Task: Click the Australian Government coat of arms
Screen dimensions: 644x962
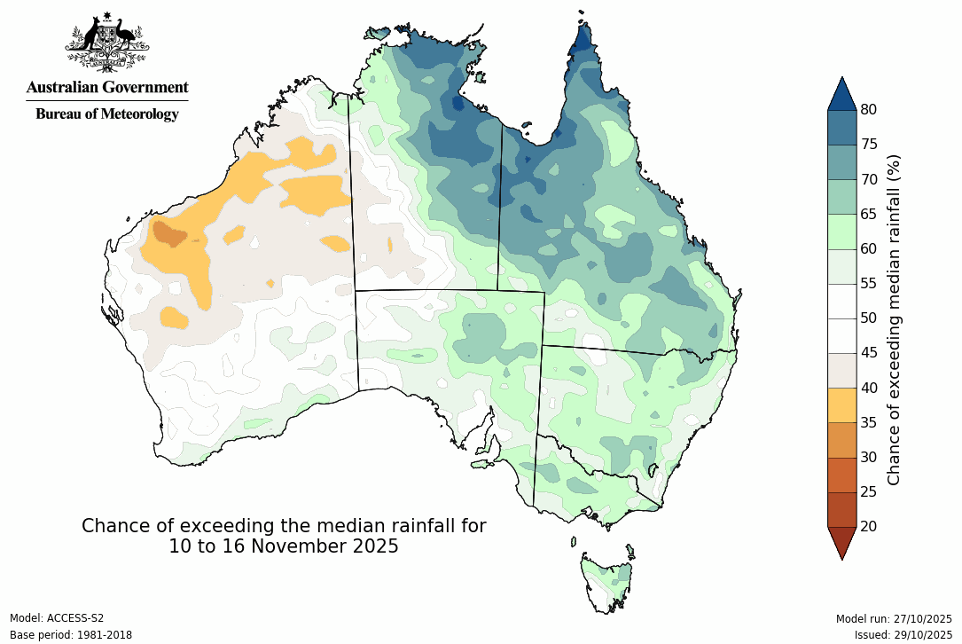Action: tap(106, 43)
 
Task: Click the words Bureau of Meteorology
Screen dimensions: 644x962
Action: tap(106, 114)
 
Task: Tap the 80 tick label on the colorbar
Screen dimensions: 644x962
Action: tap(869, 110)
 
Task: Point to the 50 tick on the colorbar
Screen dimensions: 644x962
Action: tap(869, 318)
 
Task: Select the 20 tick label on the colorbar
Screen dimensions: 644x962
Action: tap(869, 527)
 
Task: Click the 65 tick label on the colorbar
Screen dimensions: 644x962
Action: tap(869, 214)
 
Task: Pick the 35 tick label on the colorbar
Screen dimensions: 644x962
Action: tap(869, 422)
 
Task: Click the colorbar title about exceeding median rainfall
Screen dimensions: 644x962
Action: tap(894, 318)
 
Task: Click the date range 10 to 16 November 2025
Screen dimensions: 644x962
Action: tap(284, 546)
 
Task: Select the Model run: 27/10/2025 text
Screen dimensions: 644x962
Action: tap(894, 618)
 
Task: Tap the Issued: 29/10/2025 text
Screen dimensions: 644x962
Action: tap(903, 635)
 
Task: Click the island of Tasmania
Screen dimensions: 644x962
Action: tap(608, 581)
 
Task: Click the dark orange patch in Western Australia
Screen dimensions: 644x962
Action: tap(168, 233)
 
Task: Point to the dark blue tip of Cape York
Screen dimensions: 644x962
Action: tap(583, 40)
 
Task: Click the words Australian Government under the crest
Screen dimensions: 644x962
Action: tap(106, 88)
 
